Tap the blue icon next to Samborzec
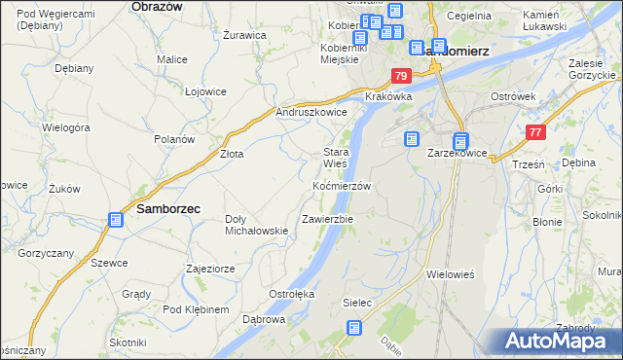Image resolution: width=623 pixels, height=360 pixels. click(116, 220)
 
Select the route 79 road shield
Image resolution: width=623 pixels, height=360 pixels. click(400, 76)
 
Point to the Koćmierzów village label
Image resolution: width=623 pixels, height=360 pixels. click(342, 186)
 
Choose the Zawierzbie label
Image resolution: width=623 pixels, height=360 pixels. click(327, 219)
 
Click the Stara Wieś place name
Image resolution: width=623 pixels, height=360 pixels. click(336, 158)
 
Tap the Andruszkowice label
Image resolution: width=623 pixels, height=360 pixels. click(312, 112)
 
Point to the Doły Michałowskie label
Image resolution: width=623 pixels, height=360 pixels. click(256, 225)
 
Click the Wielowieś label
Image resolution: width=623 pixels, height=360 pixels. click(450, 274)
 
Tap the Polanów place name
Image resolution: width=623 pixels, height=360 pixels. click(174, 139)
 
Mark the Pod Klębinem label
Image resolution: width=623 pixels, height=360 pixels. click(196, 309)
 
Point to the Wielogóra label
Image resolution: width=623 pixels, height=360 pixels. click(66, 127)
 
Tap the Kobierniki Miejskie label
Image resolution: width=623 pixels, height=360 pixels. click(342, 53)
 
